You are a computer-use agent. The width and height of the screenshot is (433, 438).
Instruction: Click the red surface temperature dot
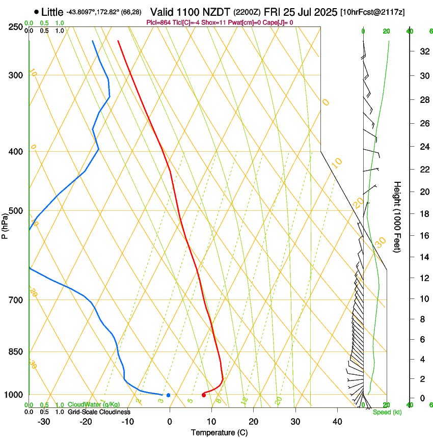pos(204,395)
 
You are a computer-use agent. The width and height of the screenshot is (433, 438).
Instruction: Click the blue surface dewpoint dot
pos(168,395)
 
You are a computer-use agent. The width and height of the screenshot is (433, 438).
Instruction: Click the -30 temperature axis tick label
pos(44,422)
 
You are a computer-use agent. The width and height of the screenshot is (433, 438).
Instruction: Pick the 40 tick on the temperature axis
pos(337,422)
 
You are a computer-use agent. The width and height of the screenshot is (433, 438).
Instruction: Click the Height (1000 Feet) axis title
pos(398,216)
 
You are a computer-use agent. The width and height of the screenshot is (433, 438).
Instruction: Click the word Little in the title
pos(52,12)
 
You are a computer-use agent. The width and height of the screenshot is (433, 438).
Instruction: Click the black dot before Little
pos(36,12)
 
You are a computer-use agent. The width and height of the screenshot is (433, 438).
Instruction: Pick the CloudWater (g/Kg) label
pos(94,405)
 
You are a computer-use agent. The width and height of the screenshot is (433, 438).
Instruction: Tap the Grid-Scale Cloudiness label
pos(99,412)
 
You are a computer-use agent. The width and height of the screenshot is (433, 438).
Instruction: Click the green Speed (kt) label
pos(387,412)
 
